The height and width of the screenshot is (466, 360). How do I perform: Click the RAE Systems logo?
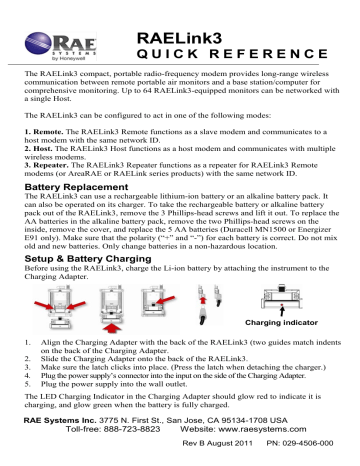click(47, 40)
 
